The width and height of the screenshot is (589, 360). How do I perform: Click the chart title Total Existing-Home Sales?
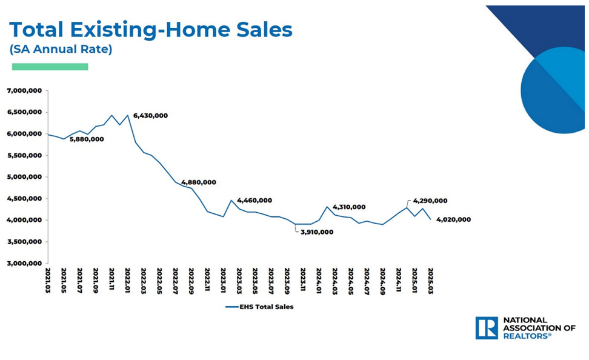[x=151, y=29]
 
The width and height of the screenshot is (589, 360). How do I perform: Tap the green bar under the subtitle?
[x=50, y=67]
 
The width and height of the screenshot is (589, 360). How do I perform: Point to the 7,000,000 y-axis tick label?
[x=24, y=91]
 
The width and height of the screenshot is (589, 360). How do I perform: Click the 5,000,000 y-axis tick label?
[x=24, y=177]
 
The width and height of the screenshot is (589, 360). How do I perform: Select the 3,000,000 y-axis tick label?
[x=24, y=264]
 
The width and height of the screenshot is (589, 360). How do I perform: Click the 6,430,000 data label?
[x=151, y=115]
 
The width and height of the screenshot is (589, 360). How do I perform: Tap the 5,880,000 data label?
[x=87, y=139]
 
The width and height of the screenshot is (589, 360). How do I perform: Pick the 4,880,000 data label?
[x=199, y=182]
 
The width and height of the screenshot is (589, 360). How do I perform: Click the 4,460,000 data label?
[x=255, y=200]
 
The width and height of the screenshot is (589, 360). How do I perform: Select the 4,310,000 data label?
[x=349, y=207]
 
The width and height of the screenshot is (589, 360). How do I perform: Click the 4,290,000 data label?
[x=431, y=201]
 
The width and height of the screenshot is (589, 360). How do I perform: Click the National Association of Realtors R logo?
[x=487, y=327]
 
